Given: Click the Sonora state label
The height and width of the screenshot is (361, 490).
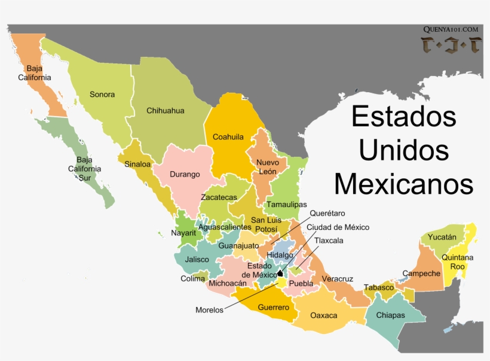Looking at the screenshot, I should click(x=102, y=95).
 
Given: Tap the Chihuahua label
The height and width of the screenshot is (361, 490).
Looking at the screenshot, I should click(x=166, y=111).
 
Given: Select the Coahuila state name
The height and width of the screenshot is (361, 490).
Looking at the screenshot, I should click(x=228, y=137).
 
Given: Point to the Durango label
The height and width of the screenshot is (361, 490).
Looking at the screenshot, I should click(x=185, y=175).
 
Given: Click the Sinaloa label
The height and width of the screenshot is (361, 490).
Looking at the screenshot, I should click(x=137, y=164).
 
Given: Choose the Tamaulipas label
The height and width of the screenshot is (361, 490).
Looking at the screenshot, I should click(x=286, y=204).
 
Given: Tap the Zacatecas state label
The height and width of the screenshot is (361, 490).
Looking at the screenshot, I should click(x=219, y=197).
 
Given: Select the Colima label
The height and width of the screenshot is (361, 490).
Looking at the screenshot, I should click(x=192, y=278).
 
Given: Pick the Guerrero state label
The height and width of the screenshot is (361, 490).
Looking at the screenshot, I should click(x=273, y=308).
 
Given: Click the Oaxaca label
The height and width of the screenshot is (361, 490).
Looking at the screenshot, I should click(x=324, y=316).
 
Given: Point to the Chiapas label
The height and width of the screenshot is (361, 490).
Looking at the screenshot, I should click(x=391, y=316).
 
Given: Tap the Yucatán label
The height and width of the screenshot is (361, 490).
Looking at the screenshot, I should click(x=442, y=237).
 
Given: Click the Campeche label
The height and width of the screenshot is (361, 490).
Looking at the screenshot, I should click(x=421, y=274).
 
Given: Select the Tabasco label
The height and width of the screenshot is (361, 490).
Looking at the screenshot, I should click(x=379, y=287).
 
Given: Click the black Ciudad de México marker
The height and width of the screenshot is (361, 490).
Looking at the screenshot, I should click(x=280, y=272).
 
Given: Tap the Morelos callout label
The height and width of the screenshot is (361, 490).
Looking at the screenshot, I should click(x=209, y=310).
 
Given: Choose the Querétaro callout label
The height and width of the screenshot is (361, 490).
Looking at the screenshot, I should click(x=327, y=213).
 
